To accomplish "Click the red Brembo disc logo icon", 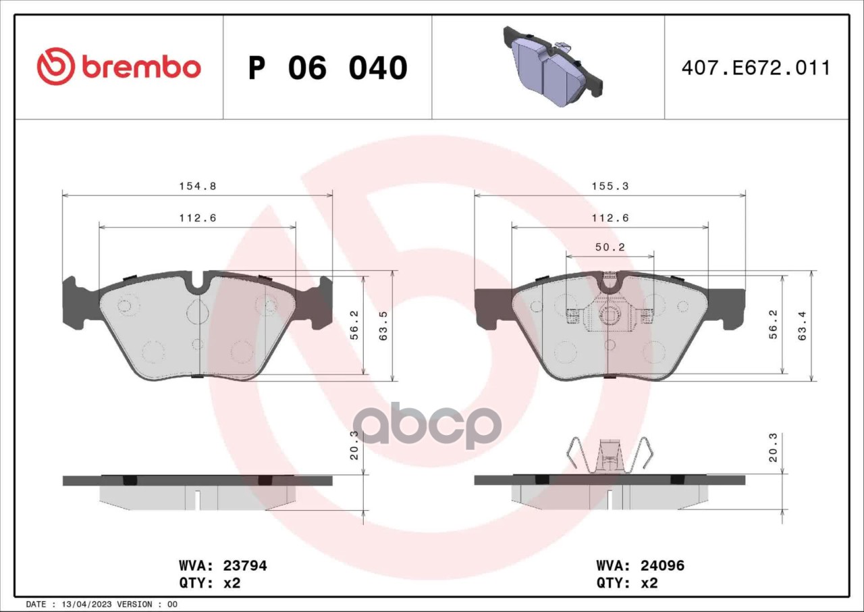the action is (x=55, y=66).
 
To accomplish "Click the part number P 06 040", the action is (x=328, y=68).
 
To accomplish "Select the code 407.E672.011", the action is (x=755, y=68).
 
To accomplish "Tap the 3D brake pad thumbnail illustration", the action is (x=553, y=66).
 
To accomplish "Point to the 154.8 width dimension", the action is (x=198, y=186).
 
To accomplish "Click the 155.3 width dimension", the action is (x=610, y=186).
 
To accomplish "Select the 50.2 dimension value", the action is (x=610, y=247).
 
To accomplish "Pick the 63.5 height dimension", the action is (x=383, y=326).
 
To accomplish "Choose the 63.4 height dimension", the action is (x=803, y=326).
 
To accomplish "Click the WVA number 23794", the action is (x=245, y=565).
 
